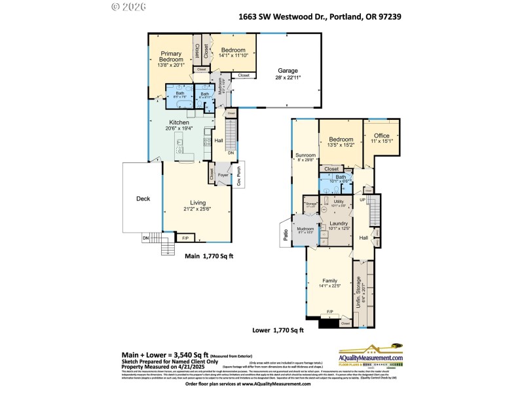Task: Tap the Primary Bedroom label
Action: click(x=171, y=56)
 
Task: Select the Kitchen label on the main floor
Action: click(x=179, y=122)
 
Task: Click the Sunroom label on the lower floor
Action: click(x=306, y=155)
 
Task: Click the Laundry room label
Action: click(x=338, y=223)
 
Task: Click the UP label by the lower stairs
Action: click(x=362, y=199)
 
